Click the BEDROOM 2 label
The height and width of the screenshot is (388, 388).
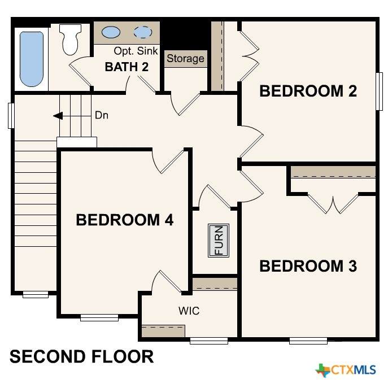(x=308, y=91)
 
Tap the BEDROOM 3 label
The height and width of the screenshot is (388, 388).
(x=308, y=266)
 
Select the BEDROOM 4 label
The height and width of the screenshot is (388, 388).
(x=124, y=220)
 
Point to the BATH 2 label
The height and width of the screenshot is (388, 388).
(x=127, y=67)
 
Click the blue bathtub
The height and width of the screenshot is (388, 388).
(x=32, y=59)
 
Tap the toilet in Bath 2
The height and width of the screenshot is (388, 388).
(x=70, y=40)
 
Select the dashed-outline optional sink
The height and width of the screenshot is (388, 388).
(x=143, y=32)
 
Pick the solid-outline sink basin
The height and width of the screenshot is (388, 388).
(x=111, y=32)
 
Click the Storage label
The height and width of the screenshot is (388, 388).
(x=185, y=58)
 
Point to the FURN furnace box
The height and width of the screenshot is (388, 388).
(x=219, y=241)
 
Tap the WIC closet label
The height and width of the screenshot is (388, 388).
(x=189, y=311)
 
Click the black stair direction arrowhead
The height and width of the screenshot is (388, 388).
(x=58, y=116)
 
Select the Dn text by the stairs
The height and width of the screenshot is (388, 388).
(x=102, y=115)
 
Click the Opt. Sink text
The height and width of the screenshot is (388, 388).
(x=136, y=51)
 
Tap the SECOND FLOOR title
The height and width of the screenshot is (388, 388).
(x=82, y=356)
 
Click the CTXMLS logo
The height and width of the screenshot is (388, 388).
(x=346, y=370)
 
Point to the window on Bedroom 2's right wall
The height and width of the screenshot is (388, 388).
(x=380, y=91)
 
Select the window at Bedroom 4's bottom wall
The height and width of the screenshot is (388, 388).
(x=99, y=317)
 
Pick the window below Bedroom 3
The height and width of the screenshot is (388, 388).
(x=308, y=341)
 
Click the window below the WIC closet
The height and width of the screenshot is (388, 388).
(x=209, y=341)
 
